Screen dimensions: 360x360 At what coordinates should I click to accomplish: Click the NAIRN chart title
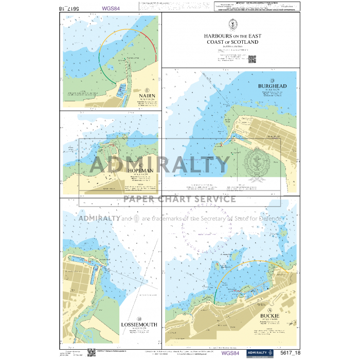(147, 96)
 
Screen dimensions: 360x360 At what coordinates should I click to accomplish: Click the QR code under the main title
(252, 59)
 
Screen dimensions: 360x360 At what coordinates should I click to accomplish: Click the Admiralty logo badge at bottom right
(259, 353)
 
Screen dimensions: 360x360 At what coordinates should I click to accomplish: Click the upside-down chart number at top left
(70, 9)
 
